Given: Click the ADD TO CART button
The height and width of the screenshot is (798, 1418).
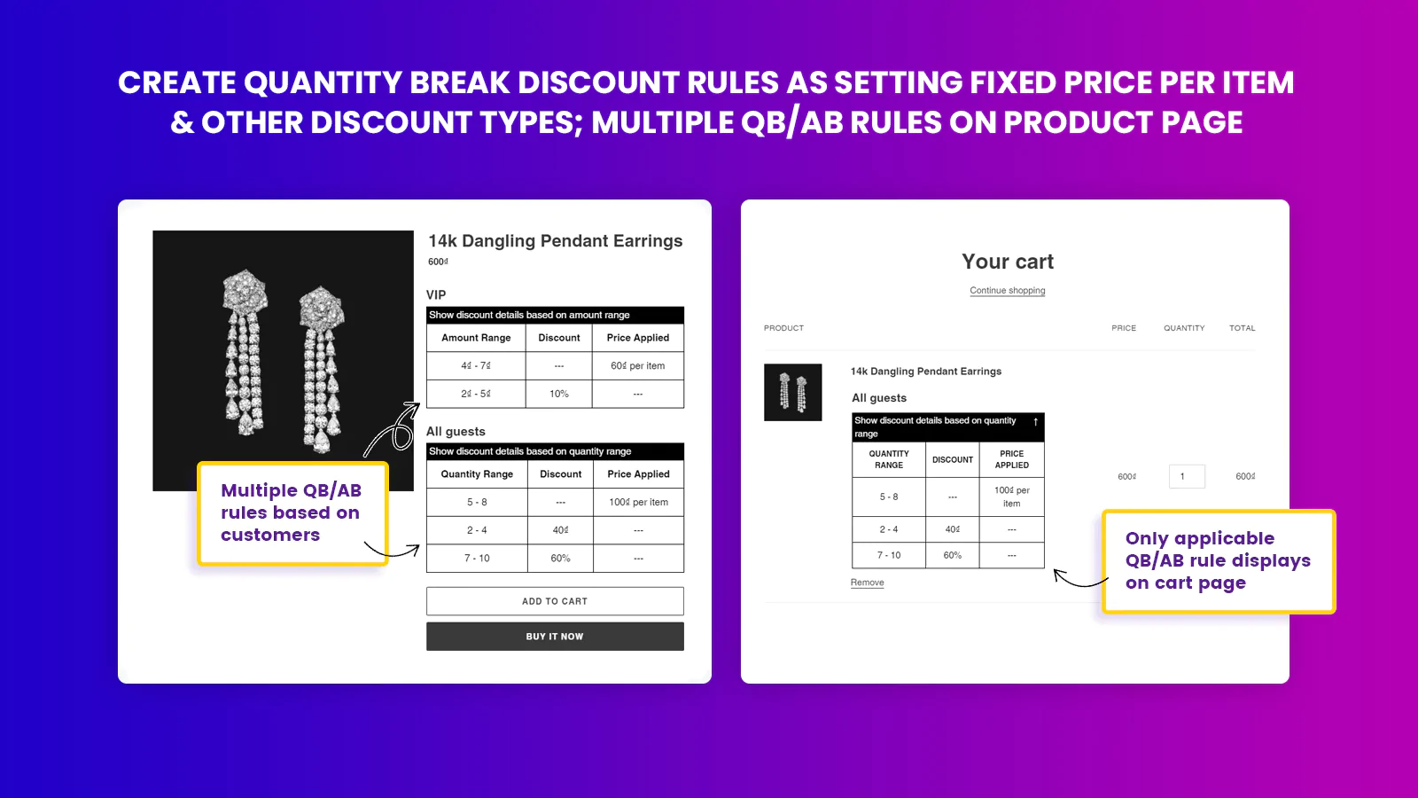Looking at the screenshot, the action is point(555,601).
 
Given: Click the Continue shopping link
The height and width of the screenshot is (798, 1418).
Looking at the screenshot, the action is point(1007,291).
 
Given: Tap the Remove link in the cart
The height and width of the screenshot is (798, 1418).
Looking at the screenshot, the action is point(868,583).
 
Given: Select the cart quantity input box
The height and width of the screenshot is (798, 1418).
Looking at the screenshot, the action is point(1187,476).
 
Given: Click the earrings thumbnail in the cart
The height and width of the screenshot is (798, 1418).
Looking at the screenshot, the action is point(792,392).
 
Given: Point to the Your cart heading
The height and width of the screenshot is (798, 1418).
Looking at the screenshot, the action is point(1007,262).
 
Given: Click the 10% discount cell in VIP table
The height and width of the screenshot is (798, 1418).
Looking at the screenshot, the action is point(559,394).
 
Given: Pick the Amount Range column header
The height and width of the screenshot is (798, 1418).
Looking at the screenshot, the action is point(476,338).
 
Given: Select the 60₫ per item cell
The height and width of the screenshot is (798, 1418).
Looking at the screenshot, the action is point(637,365).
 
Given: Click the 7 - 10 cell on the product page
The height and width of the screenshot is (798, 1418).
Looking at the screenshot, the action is point(477,558).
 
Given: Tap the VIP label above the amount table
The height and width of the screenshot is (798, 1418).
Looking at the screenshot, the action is point(436,295).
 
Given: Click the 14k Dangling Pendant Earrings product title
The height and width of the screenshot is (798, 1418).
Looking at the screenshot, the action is point(555,240).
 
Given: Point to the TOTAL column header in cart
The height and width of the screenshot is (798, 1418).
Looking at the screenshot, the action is point(1242,328).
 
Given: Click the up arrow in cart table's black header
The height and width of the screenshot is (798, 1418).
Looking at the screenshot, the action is point(1036,422).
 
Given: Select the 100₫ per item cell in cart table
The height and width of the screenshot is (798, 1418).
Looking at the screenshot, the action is point(1011,497).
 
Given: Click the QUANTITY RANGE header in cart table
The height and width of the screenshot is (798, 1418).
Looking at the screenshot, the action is point(889,459).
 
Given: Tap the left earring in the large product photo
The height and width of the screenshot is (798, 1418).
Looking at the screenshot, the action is point(245,351).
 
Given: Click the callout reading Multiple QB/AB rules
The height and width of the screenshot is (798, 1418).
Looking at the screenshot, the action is point(292,513).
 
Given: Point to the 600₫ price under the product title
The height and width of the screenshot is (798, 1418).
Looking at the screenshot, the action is point(438,262).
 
